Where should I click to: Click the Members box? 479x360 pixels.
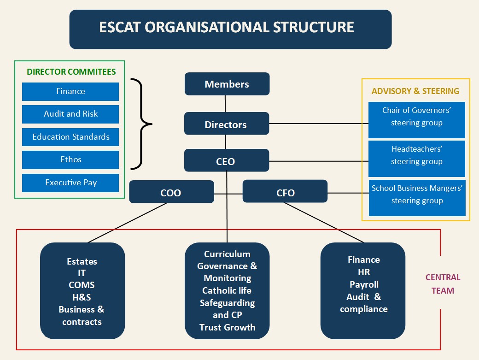[227, 84]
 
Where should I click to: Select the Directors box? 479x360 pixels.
[226, 124]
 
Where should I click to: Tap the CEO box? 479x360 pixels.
[226, 161]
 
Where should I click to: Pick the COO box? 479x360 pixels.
[171, 192]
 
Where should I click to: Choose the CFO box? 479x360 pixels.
[285, 192]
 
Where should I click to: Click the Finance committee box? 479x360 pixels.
[70, 91]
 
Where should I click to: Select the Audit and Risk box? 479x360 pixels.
[70, 114]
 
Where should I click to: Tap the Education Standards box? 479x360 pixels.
[70, 137]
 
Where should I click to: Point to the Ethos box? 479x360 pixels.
[70, 159]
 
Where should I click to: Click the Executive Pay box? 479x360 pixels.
[70, 183]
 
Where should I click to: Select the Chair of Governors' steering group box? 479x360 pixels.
[417, 117]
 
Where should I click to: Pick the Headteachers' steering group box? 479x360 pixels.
[417, 155]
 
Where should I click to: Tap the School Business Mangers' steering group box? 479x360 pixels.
[417, 195]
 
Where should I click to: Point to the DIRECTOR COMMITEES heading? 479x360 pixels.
[71, 72]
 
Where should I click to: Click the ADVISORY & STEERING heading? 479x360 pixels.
[415, 91]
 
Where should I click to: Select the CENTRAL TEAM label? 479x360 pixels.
[443, 284]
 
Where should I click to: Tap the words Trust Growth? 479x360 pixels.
[227, 327]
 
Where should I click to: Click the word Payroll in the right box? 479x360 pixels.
[364, 284]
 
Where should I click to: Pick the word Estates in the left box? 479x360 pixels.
[82, 261]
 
